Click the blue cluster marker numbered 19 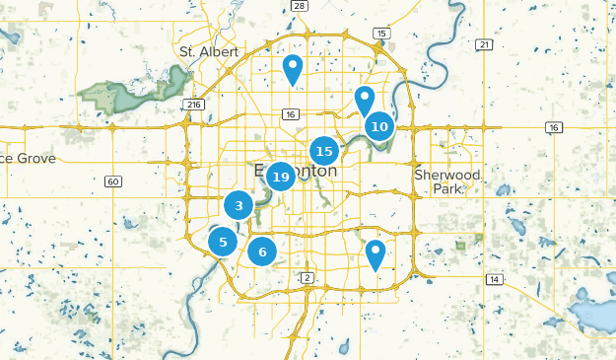tap(281, 178)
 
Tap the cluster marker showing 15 tap(324, 151)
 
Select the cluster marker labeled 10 tap(380, 126)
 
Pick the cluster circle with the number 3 tap(239, 205)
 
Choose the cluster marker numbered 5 tap(224, 241)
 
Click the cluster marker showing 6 tap(262, 252)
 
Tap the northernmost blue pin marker tap(292, 68)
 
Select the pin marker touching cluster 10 tap(365, 100)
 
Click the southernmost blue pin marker tap(376, 253)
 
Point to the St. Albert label tap(203, 51)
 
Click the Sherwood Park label tap(447, 181)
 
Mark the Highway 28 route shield tap(300, 6)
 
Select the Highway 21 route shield tap(483, 45)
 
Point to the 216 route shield tap(193, 104)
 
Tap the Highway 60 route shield tap(113, 181)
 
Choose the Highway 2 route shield tap(308, 277)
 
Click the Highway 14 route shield tap(494, 280)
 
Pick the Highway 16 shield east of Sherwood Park tap(554, 127)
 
